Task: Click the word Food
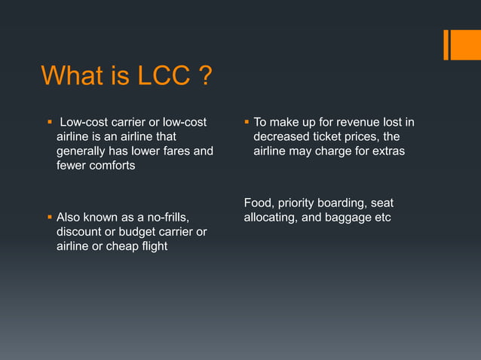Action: point(259,204)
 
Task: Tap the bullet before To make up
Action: point(247,122)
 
